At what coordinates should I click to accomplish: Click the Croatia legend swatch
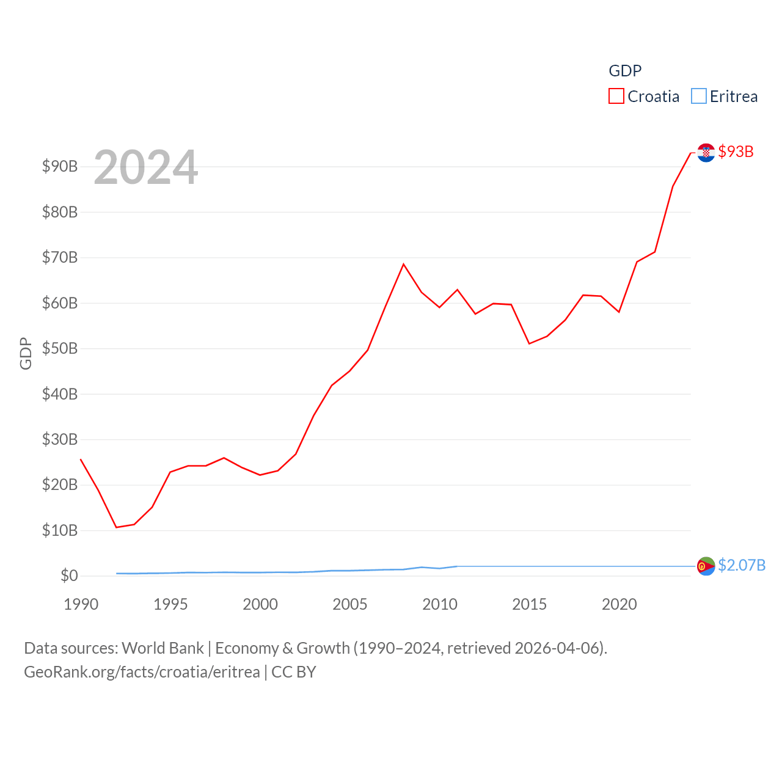point(616,97)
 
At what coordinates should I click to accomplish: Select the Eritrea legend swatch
point(699,97)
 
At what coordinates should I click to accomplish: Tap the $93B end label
point(736,152)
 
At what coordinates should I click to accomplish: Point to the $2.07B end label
point(742,565)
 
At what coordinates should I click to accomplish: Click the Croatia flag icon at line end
point(706,153)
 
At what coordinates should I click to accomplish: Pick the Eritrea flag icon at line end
point(706,566)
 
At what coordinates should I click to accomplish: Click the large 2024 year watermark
point(146,167)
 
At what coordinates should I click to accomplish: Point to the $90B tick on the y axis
point(60,166)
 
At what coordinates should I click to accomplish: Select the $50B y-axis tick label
point(60,348)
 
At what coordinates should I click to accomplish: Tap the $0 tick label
point(69,576)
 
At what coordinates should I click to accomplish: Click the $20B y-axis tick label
point(60,484)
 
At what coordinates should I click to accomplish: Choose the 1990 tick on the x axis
point(81,604)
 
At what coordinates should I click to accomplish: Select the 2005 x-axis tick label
point(350,604)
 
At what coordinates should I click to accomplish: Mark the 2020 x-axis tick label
point(619,604)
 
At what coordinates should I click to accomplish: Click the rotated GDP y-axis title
point(26,353)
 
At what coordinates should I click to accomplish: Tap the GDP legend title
point(625,71)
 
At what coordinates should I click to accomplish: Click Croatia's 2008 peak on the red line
point(403,264)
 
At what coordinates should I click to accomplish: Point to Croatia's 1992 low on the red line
point(117,527)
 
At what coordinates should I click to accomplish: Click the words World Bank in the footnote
point(163,648)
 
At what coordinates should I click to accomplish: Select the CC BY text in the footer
point(294,672)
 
